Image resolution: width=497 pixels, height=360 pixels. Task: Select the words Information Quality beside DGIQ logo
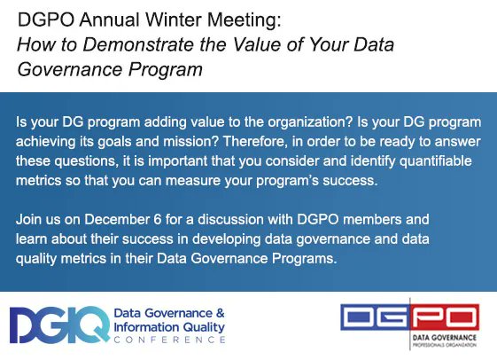pyautogui.click(x=168, y=327)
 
